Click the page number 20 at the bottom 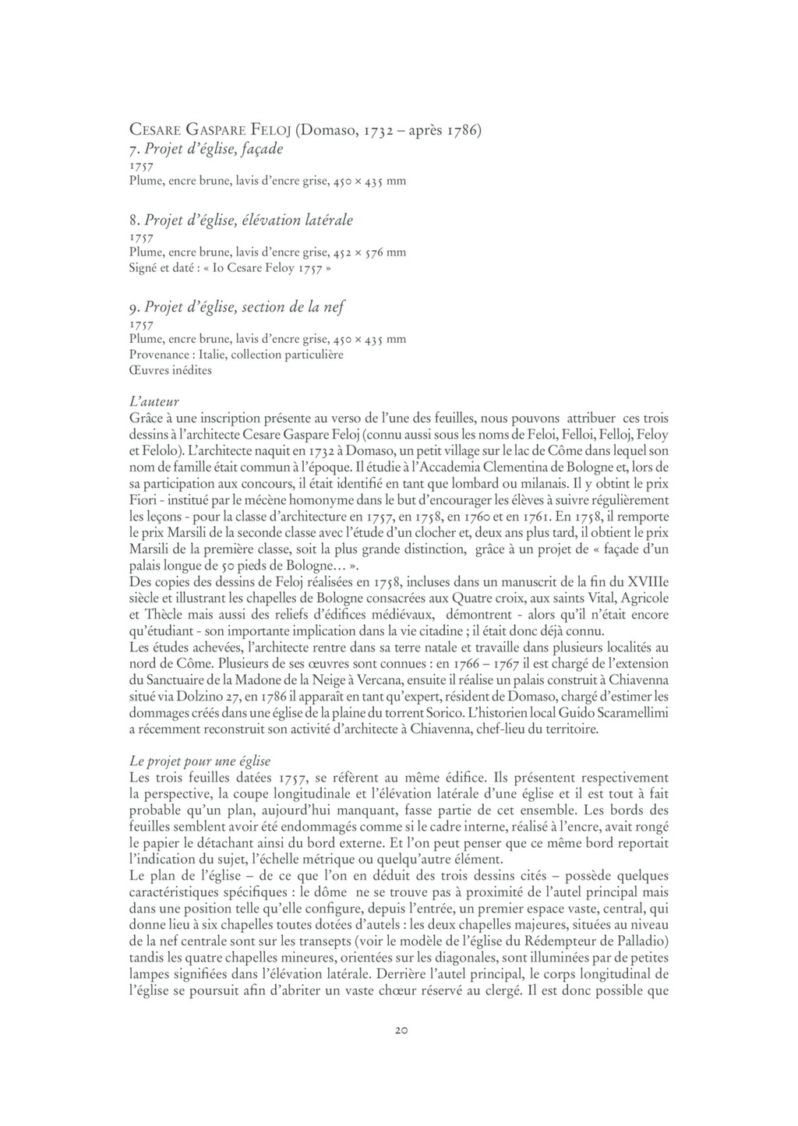[398, 1030]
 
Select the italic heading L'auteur [154, 403]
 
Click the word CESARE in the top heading [155, 130]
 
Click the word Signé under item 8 [145, 268]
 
